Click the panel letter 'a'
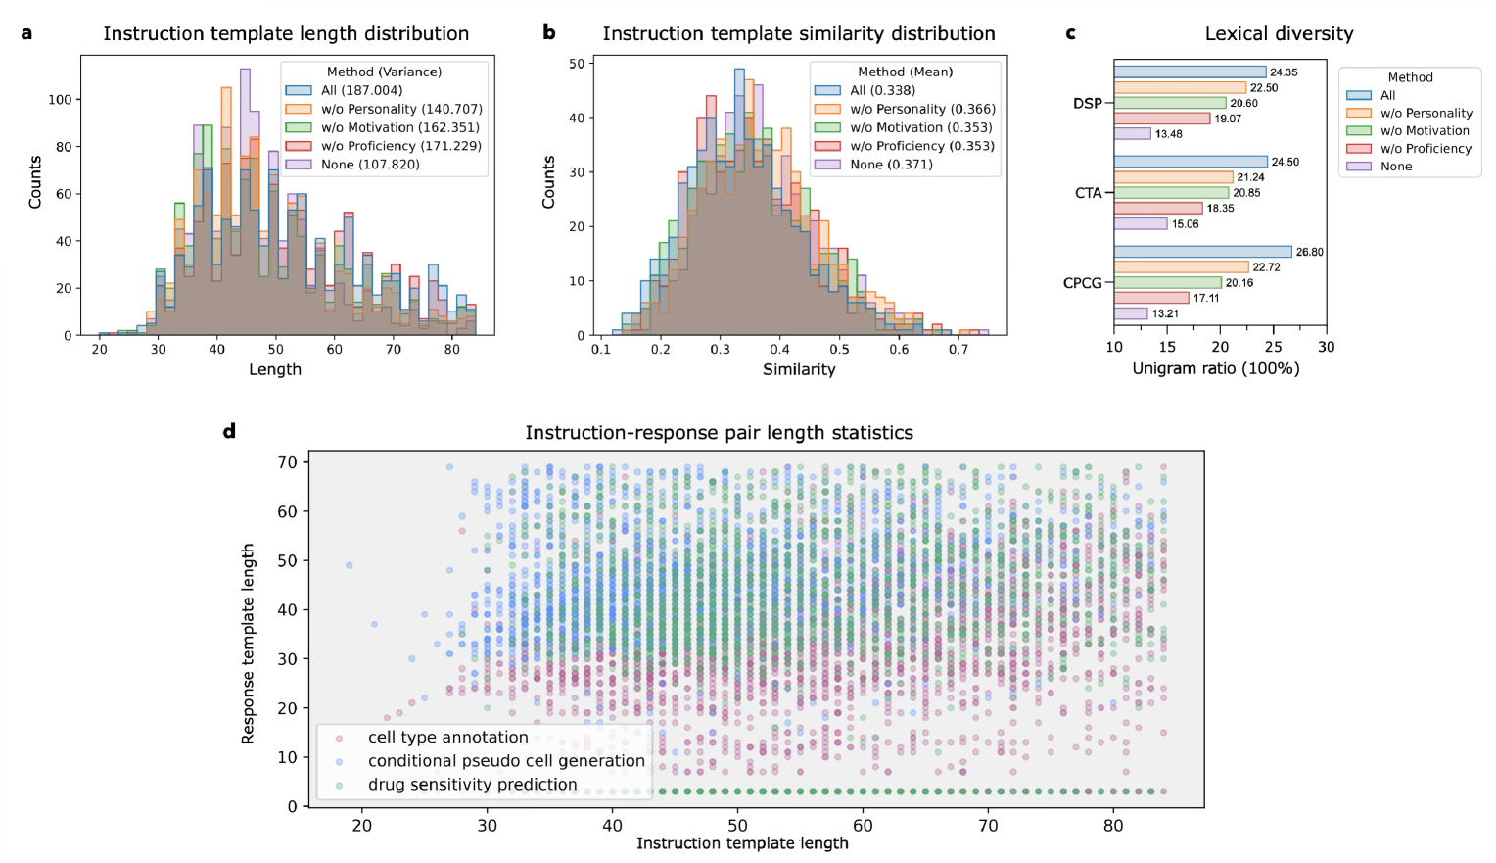point(26,33)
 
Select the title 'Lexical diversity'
point(1279,34)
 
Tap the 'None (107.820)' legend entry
point(370,165)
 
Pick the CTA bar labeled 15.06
point(1141,224)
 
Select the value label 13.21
point(1165,314)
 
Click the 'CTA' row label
point(1089,193)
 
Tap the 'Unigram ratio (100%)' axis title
point(1216,369)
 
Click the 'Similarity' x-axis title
point(799,369)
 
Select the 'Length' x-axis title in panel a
point(275,369)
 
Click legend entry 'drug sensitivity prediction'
point(472,785)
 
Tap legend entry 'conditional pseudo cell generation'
point(506,761)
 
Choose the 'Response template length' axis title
point(249,644)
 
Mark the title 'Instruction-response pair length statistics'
point(719,433)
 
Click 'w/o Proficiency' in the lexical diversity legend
point(1426,149)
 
